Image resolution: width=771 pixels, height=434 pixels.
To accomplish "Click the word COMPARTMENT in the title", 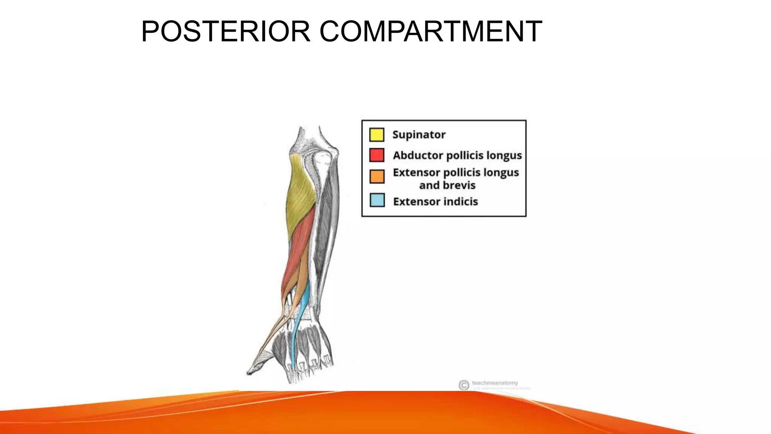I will coord(431,31).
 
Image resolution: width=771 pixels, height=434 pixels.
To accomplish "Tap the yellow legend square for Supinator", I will coord(376,134).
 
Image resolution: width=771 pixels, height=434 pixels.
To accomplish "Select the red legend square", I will coord(376,155).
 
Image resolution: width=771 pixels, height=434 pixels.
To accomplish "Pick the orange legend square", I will coord(377,176).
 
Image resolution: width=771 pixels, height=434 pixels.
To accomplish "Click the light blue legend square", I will coord(377,200).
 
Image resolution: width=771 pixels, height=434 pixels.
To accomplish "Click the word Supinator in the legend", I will coord(419,134).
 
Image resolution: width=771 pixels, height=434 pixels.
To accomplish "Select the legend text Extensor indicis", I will coord(435,202).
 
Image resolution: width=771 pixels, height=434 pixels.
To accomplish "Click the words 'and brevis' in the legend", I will coord(447,185).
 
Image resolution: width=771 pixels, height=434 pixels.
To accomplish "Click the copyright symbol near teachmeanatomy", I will coord(463,385).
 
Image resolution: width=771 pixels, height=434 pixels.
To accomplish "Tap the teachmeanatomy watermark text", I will coord(495,383).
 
